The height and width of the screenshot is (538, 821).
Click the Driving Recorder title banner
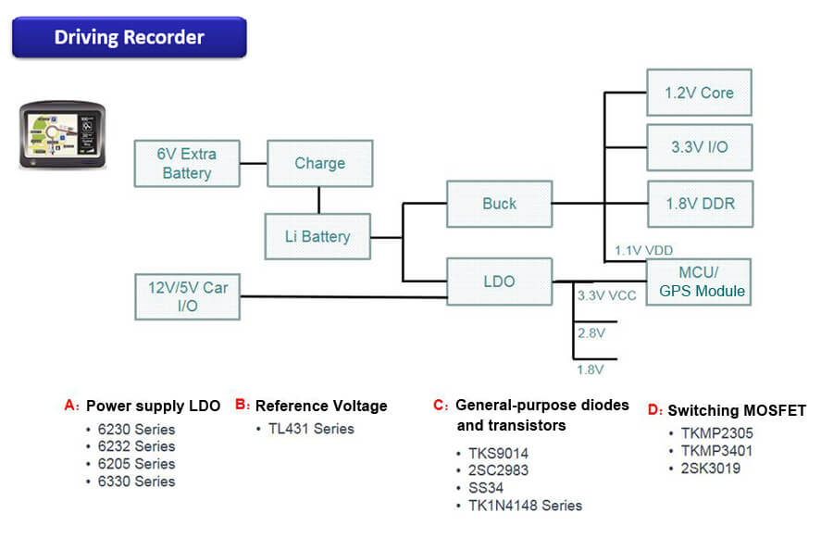pyautogui.click(x=129, y=38)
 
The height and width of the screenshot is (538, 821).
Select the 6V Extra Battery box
pyautogui.click(x=187, y=164)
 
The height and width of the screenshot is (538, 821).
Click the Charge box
pyautogui.click(x=319, y=164)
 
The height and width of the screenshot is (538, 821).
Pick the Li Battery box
pyautogui.click(x=317, y=236)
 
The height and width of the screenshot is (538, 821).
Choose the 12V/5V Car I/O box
pyautogui.click(x=189, y=296)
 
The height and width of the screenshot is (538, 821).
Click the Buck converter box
pyautogui.click(x=499, y=204)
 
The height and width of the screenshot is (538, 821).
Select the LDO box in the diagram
pyautogui.click(x=499, y=281)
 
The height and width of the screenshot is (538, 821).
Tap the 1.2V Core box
pyautogui.click(x=699, y=93)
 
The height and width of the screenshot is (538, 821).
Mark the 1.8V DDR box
pyautogui.click(x=699, y=204)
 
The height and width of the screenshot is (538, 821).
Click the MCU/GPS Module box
pyautogui.click(x=699, y=282)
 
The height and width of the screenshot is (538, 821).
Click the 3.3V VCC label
pyautogui.click(x=607, y=296)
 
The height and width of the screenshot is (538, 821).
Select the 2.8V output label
pyautogui.click(x=591, y=332)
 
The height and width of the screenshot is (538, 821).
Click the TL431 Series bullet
pyautogui.click(x=311, y=429)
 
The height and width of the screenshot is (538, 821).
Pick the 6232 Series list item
pyautogui.click(x=136, y=446)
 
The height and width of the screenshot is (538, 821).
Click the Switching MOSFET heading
pyautogui.click(x=736, y=410)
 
